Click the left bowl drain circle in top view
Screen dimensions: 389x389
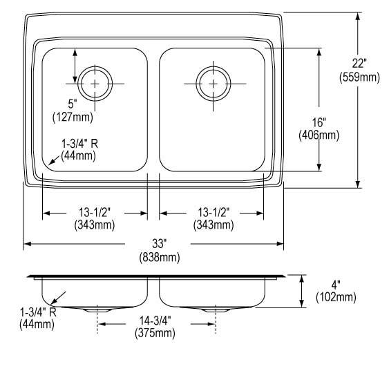pyautogui.click(x=95, y=83)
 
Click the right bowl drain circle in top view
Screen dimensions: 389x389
pyautogui.click(x=212, y=83)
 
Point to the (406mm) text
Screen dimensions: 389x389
pyautogui.click(x=319, y=135)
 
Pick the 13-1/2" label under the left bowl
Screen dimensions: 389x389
pyautogui.click(x=95, y=212)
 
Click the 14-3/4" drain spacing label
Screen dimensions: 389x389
pyautogui.click(x=155, y=321)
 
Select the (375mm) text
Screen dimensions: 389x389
pyautogui.click(x=155, y=333)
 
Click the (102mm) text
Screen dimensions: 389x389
pyautogui.click(x=335, y=297)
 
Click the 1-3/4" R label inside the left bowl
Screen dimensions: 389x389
pyautogui.click(x=79, y=143)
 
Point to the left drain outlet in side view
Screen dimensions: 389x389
pyautogui.click(x=97, y=310)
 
